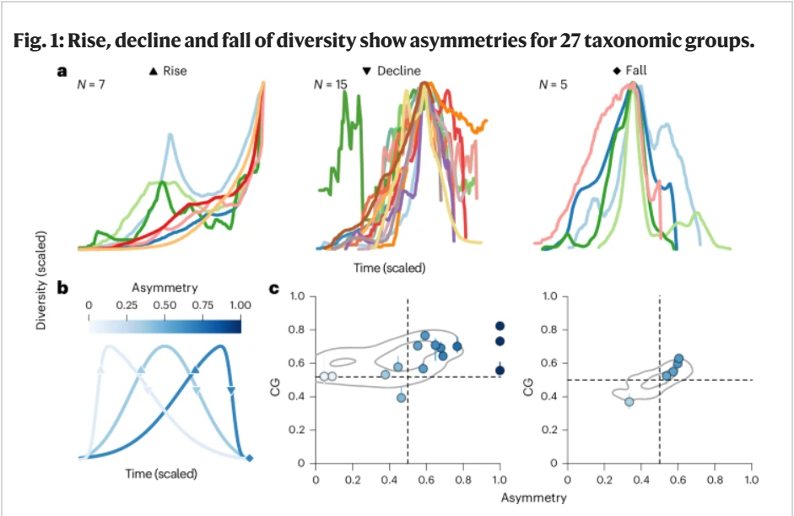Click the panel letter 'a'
[x=62, y=71]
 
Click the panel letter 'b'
[x=62, y=287]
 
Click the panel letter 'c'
[x=274, y=288]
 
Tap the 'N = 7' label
[x=89, y=84]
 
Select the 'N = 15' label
[x=330, y=84]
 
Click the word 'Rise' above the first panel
[x=176, y=71]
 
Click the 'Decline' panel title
[x=397, y=71]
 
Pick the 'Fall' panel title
[x=635, y=71]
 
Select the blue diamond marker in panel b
[x=249, y=459]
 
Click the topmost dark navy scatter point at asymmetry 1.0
[x=500, y=326]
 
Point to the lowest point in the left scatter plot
[x=402, y=397]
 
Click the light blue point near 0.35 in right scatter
[x=629, y=402]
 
